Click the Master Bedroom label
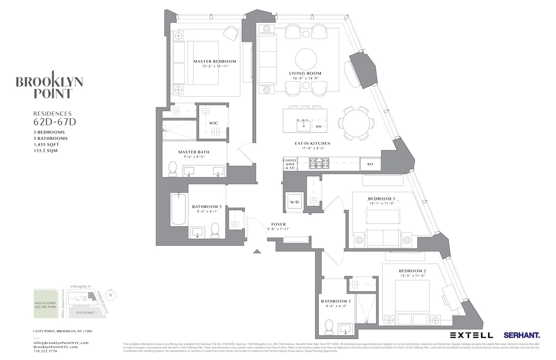215,62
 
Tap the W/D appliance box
294,202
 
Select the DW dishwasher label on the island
319,126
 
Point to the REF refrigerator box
370,164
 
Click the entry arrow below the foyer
257,251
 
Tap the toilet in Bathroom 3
215,230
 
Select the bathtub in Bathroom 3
178,209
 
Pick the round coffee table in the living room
306,59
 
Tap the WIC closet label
214,123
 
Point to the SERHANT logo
522,335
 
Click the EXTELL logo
471,335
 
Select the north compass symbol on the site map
110,295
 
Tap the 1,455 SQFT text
46,145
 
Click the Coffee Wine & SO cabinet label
290,164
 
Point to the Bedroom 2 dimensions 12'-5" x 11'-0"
412,276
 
